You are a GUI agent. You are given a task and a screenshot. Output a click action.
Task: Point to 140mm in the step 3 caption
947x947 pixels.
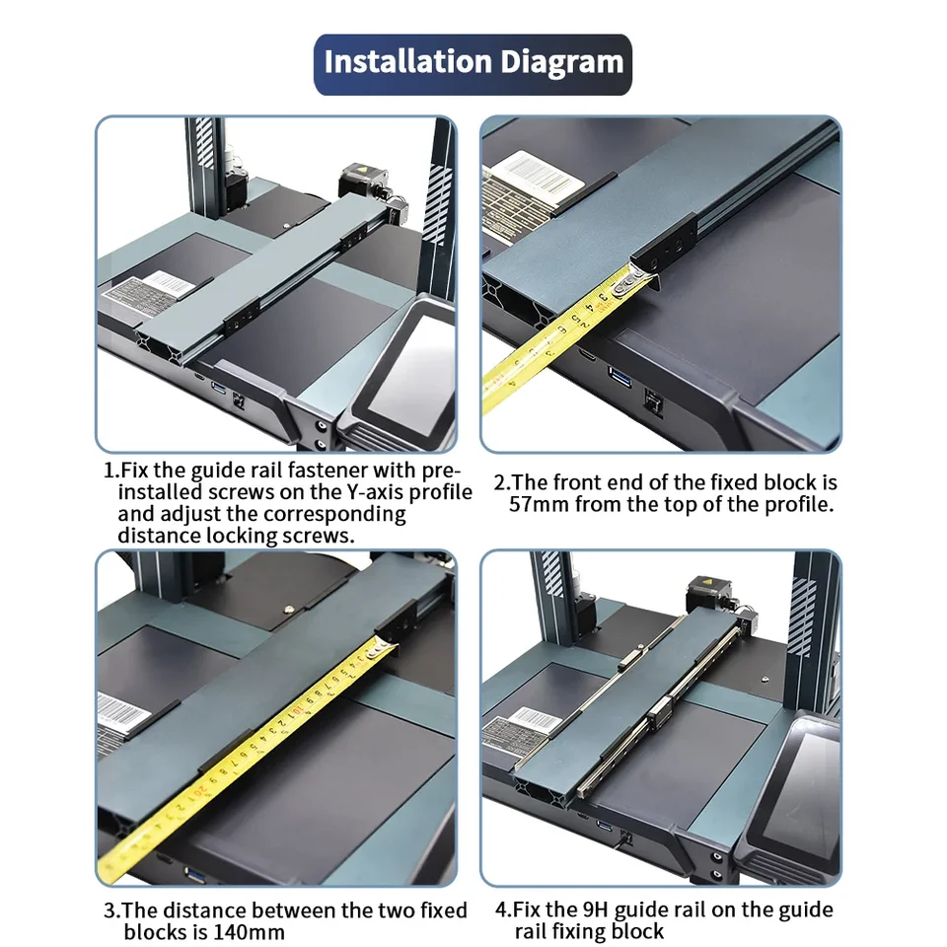pos(251,931)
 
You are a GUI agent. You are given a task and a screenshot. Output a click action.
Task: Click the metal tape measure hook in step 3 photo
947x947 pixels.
pos(381,649)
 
